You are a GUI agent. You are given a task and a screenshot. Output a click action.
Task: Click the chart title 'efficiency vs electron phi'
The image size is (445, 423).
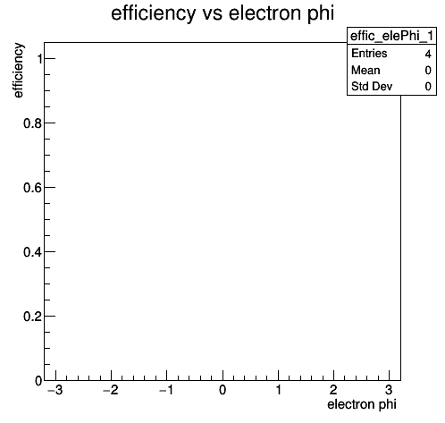[x=222, y=14]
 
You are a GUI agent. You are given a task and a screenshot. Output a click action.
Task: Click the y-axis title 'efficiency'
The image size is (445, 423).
[x=18, y=71]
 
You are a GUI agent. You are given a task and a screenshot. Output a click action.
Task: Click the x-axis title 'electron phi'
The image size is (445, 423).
[x=362, y=405]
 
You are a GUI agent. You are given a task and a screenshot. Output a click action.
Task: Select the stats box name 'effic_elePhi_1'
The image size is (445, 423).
[x=391, y=36]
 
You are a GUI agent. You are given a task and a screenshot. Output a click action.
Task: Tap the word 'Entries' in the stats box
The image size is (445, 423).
[x=369, y=54]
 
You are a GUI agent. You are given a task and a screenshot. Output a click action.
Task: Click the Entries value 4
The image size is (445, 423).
[x=428, y=54]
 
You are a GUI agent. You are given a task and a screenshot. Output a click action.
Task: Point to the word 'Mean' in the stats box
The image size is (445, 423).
[x=365, y=71]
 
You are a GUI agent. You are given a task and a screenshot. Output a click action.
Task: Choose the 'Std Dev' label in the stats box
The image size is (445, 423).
[x=372, y=87]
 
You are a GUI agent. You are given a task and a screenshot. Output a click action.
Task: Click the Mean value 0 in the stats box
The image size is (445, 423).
[x=428, y=71]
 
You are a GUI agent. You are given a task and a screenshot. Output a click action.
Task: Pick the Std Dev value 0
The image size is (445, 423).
[x=428, y=87]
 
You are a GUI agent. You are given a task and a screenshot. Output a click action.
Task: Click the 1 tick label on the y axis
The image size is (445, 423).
[x=38, y=59]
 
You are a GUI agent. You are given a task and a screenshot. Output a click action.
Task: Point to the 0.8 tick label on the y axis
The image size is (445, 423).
[x=32, y=123]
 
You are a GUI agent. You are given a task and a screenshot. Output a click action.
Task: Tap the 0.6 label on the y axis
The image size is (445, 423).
[x=32, y=188]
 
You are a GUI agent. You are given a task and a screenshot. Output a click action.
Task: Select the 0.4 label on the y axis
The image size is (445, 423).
[x=32, y=252]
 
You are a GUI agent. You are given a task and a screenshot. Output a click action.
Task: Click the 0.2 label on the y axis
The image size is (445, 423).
[x=32, y=317]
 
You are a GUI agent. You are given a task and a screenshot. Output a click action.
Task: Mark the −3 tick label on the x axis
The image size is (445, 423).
[x=55, y=390]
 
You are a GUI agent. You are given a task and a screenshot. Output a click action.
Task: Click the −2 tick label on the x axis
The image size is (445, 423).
[x=111, y=390]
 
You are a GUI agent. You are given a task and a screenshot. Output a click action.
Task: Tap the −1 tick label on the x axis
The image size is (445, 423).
[x=166, y=390]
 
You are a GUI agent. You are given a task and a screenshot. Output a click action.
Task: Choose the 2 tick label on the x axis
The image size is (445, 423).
[x=333, y=390]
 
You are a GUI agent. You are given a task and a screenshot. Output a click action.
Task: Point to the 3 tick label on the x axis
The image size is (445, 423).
[x=389, y=390]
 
